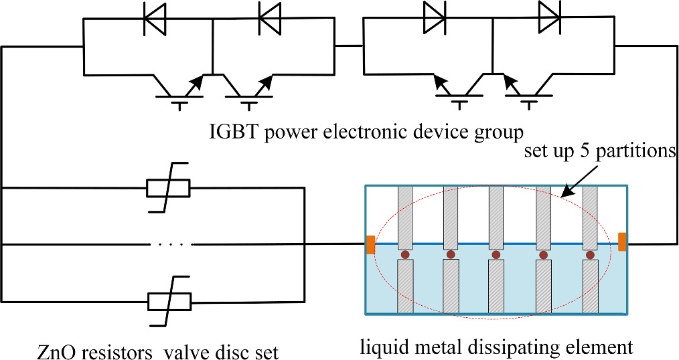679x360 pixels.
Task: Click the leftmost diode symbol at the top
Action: pyautogui.click(x=155, y=19)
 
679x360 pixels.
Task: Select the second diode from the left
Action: pyautogui.click(x=270, y=19)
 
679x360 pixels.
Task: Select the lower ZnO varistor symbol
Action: pyautogui.click(x=168, y=302)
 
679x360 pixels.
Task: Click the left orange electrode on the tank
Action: pyautogui.click(x=370, y=245)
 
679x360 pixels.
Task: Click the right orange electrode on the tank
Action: pyautogui.click(x=622, y=242)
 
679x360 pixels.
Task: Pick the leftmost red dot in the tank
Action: pyautogui.click(x=405, y=255)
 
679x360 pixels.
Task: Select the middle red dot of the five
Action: pyautogui.click(x=496, y=255)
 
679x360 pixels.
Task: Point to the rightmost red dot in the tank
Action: pyautogui.click(x=590, y=255)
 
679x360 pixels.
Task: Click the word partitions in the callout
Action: pyautogui.click(x=639, y=152)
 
